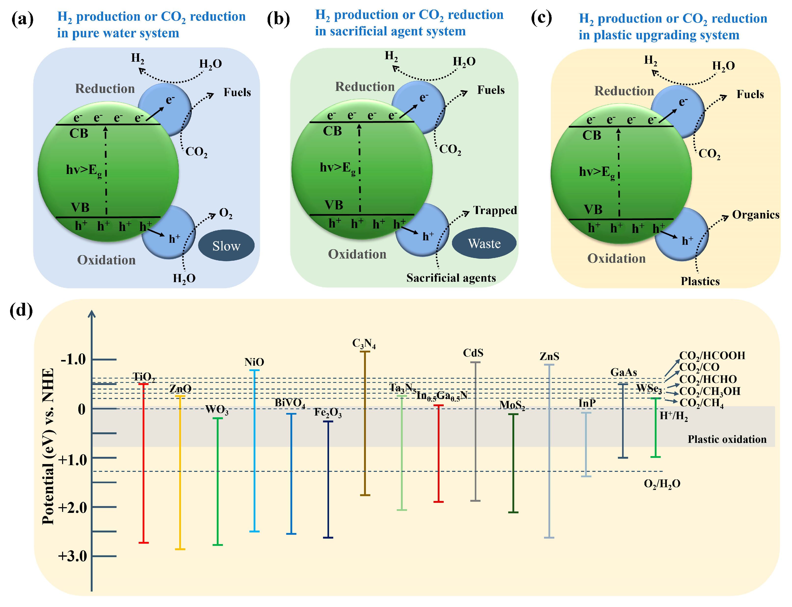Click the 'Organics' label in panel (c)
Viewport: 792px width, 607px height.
[x=755, y=215]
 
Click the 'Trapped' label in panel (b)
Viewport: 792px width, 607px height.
[x=495, y=210]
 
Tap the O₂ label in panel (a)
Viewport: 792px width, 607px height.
[x=226, y=213]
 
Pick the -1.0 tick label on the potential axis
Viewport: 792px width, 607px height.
[x=73, y=360]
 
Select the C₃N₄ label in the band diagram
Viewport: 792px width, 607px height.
[x=364, y=343]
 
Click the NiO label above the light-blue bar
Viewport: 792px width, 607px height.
[x=254, y=362]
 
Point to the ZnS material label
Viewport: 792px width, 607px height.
[x=549, y=357]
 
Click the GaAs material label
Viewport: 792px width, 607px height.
[x=623, y=372]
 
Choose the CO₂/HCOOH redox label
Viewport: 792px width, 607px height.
[x=712, y=356]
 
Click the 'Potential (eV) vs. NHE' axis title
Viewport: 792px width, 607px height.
[x=48, y=446]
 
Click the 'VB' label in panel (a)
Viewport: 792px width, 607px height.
[x=80, y=207]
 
